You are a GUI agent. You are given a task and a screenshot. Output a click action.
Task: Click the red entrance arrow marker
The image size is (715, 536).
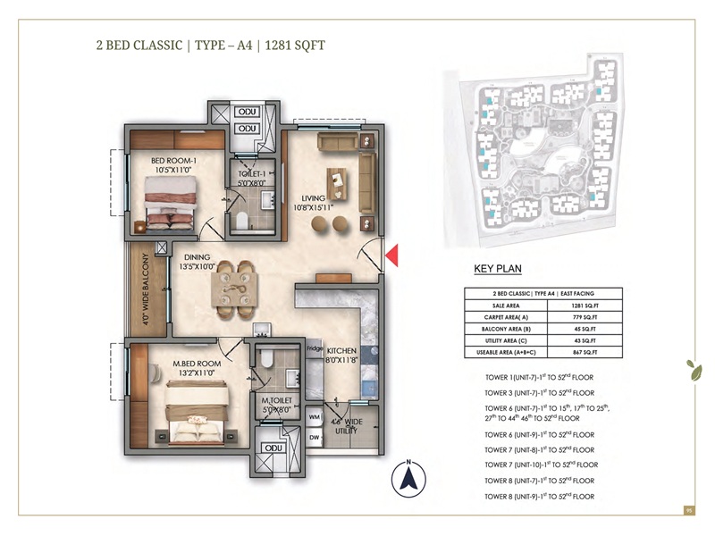(390, 257)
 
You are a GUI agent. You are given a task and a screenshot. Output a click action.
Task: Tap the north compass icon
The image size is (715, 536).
(408, 480)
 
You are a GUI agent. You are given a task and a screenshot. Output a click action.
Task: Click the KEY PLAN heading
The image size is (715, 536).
(498, 267)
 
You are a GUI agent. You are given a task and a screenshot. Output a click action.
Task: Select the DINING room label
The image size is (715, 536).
(197, 257)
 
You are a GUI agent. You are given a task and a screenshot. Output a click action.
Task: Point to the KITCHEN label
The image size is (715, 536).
(341, 350)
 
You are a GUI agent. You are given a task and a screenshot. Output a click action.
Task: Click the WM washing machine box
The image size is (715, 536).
(315, 416)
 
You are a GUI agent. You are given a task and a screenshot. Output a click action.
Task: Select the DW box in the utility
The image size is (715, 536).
(315, 437)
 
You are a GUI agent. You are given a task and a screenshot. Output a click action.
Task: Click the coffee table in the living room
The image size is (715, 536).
(337, 183)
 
